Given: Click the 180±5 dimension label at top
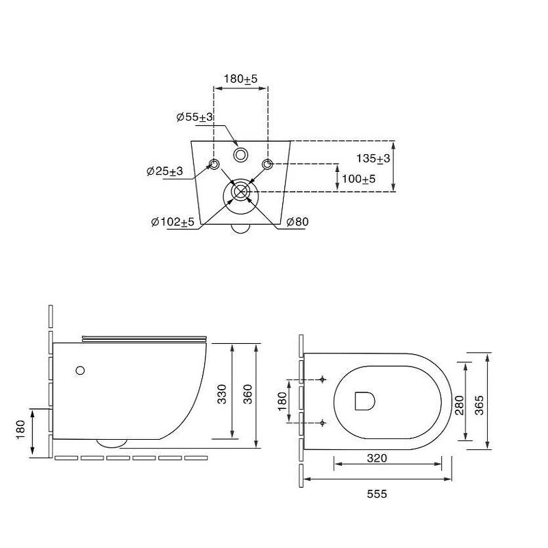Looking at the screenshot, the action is coord(240,79).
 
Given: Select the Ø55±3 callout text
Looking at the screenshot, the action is coord(195,117).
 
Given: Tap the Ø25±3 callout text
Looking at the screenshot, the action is coord(164,171).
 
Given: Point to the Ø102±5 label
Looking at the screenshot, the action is coord(173,222).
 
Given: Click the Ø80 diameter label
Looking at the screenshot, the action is coord(297,222).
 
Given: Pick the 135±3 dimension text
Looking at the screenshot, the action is coord(373,159).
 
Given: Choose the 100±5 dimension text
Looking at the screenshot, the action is coord(358,179).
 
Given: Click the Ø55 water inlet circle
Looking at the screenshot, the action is coord(241,155).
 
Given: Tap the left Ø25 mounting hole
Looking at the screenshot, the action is coord(214,164).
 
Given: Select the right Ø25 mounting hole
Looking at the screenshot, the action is coord(267,164).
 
